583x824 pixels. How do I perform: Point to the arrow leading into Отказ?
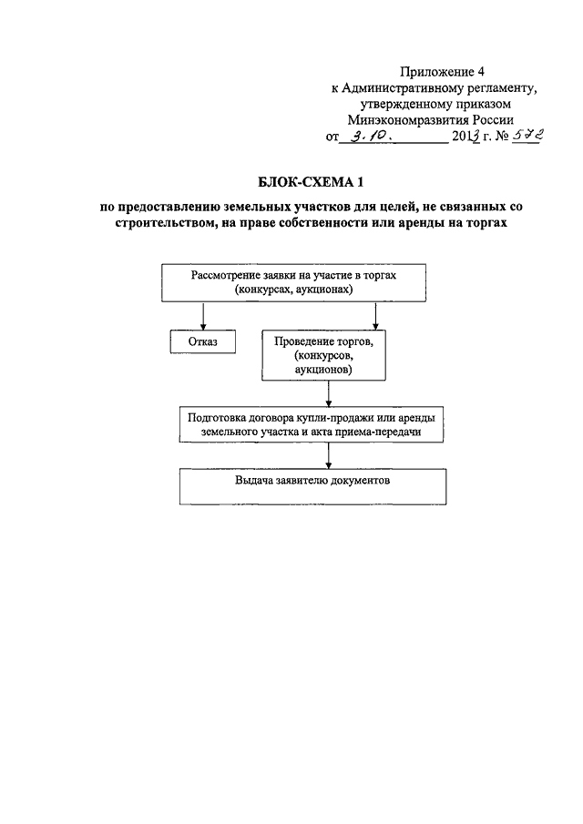pyautogui.click(x=203, y=315)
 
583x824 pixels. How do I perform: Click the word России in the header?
pyautogui.click(x=492, y=119)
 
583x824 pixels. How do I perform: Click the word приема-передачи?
pyautogui.click(x=382, y=432)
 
